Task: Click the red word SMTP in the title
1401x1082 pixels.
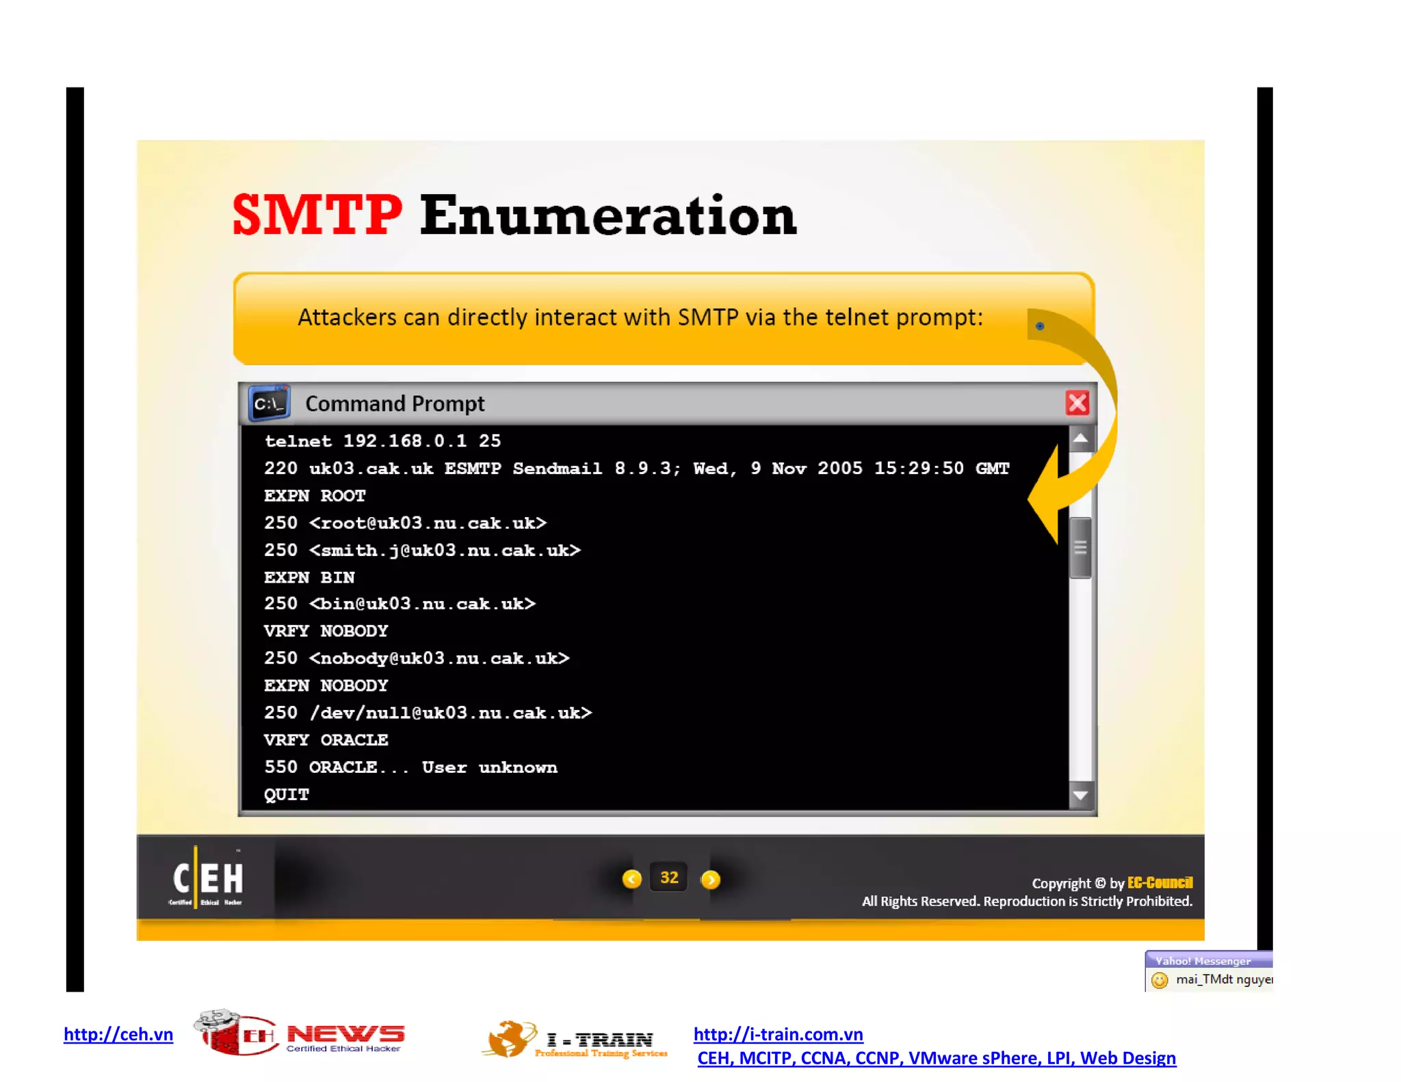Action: [x=317, y=215]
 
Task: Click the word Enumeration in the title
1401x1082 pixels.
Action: [x=607, y=216]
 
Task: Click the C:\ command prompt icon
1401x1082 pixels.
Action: [x=269, y=404]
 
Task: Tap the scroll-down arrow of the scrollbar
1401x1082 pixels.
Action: [x=1081, y=795]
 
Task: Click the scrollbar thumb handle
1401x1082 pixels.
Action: [x=1081, y=548]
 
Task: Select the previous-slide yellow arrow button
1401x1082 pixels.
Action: [x=632, y=879]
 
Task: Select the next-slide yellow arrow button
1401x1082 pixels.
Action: [x=711, y=880]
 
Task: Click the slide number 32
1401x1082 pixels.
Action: [x=669, y=878]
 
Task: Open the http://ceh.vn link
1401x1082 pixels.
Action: [x=118, y=1034]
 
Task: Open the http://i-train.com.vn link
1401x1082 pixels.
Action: [x=778, y=1034]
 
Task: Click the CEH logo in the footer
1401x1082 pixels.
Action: [x=207, y=879]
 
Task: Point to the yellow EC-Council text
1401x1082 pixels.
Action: [x=1160, y=883]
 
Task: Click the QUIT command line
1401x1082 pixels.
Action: [x=287, y=795]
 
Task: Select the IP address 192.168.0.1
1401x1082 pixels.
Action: [x=405, y=441]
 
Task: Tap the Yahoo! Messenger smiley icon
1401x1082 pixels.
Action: [x=1160, y=980]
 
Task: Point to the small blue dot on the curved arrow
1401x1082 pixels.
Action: [x=1040, y=326]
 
